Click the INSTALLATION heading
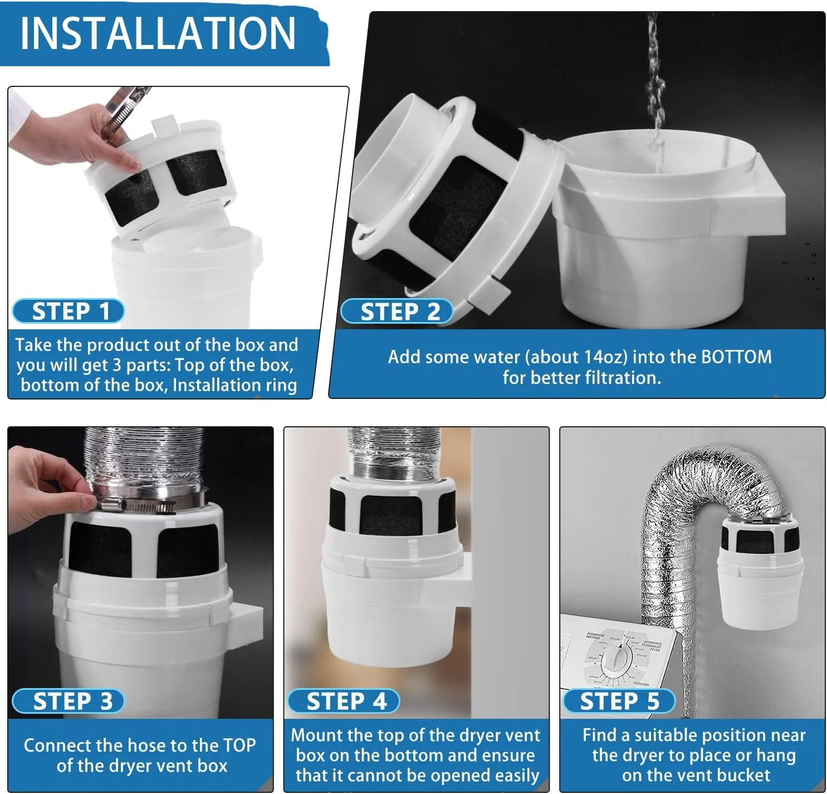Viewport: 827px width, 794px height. click(x=158, y=33)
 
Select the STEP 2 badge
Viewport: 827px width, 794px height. click(x=397, y=311)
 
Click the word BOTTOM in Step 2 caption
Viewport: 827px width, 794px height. click(x=736, y=357)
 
